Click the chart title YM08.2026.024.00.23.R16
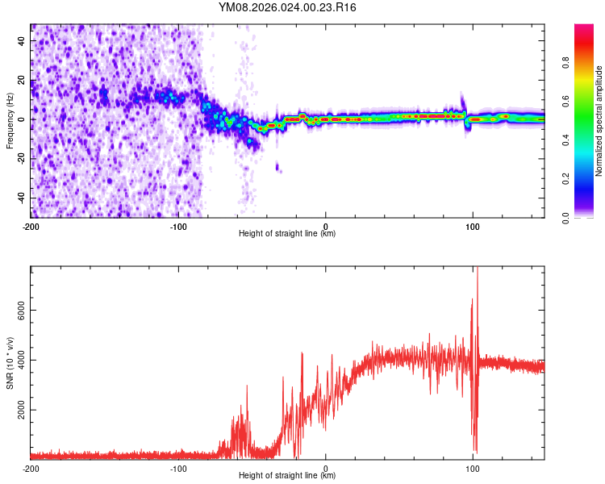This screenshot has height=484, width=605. pyautogui.click(x=288, y=7)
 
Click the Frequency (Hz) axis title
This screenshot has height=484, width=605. pyautogui.click(x=10, y=120)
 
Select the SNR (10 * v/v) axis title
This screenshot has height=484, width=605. pyautogui.click(x=10, y=362)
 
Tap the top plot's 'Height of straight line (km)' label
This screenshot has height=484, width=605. pyautogui.click(x=287, y=234)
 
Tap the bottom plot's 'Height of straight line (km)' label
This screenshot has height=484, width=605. pyautogui.click(x=287, y=476)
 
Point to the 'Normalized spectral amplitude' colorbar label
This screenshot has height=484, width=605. pyautogui.click(x=599, y=120)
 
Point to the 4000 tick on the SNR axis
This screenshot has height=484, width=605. pyautogui.click(x=21, y=361)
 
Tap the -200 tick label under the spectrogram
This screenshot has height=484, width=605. pyautogui.click(x=31, y=225)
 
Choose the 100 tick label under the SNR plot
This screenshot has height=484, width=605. pyautogui.click(x=473, y=467)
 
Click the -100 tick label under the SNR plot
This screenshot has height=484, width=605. pyautogui.click(x=178, y=467)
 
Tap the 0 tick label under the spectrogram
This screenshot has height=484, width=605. pyautogui.click(x=326, y=225)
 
